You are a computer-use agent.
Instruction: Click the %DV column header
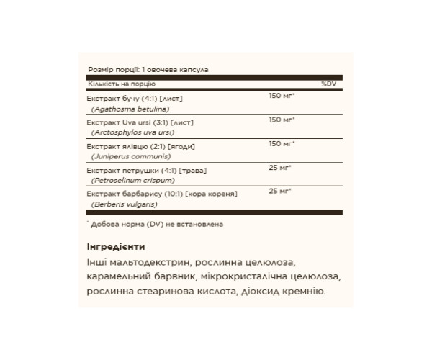[x=329, y=84]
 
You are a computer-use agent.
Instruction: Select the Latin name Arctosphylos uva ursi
[x=133, y=132]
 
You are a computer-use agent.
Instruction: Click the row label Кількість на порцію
[x=118, y=84]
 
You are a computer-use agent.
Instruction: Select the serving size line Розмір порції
[x=148, y=71]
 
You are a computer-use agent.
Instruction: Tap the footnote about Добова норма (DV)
[x=156, y=224]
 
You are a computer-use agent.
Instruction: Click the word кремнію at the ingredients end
[x=305, y=292]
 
